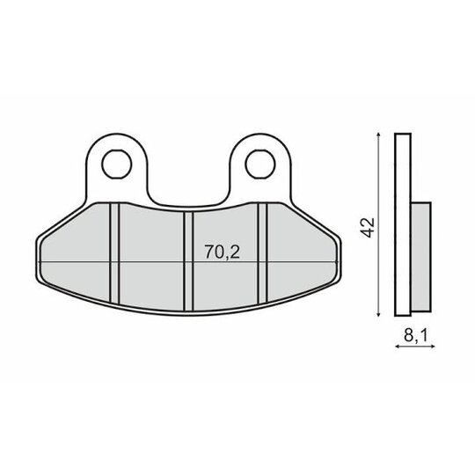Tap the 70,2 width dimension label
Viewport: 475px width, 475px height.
[x=222, y=252]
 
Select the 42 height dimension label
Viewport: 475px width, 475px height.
[x=369, y=228]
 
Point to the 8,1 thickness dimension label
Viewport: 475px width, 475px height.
[x=415, y=335]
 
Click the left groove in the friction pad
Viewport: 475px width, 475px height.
[x=115, y=253]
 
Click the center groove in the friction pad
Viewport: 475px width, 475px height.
[x=188, y=261]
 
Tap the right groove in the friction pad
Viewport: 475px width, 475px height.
[x=262, y=253]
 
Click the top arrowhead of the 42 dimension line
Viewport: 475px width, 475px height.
[x=377, y=135]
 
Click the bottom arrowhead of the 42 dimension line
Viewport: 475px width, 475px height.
[x=377, y=314]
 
